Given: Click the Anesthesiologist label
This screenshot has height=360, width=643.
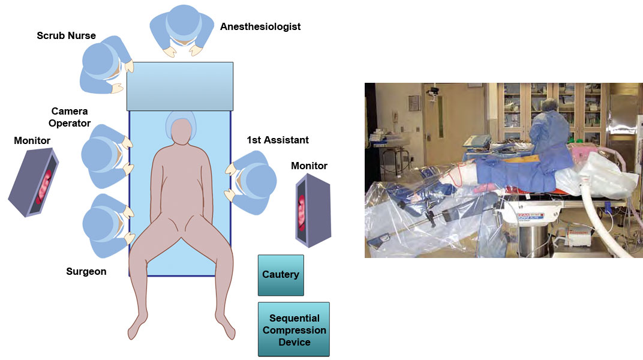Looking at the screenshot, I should [260, 27].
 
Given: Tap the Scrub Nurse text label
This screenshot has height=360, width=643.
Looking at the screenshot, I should [67, 36].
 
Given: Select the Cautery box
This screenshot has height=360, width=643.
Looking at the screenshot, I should [281, 275].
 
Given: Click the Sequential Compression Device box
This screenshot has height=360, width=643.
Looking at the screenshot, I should [294, 330].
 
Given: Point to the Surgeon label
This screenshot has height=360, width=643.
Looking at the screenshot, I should [86, 272].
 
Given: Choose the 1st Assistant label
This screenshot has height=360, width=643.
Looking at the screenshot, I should [278, 140].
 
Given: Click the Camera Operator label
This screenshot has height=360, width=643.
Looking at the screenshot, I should [70, 118].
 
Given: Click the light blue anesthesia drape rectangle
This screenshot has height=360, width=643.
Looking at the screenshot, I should [180, 86].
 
